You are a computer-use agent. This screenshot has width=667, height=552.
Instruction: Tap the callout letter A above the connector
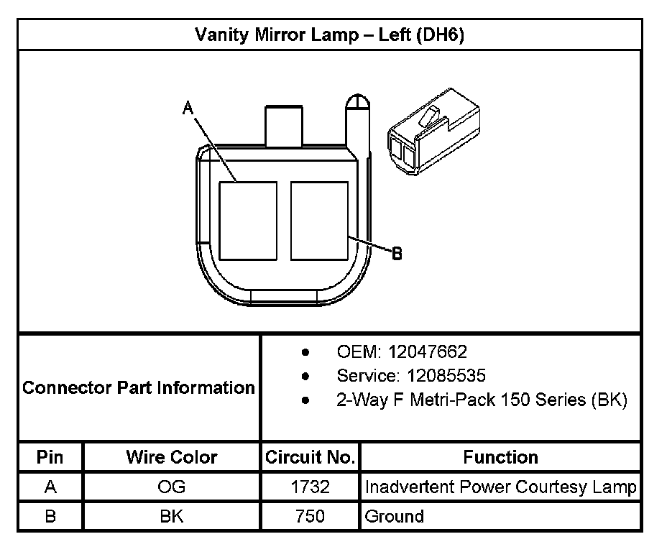pyautogui.click(x=188, y=108)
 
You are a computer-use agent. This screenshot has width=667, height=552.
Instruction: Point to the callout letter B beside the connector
pyautogui.click(x=397, y=253)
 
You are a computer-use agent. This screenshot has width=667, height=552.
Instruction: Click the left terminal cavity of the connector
pyautogui.click(x=248, y=221)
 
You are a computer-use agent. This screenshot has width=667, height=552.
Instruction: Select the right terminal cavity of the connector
pyautogui.click(x=320, y=221)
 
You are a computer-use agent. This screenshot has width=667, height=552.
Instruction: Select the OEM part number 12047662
pyautogui.click(x=428, y=351)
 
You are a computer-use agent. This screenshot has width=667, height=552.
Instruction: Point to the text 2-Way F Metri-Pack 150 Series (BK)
pyautogui.click(x=482, y=400)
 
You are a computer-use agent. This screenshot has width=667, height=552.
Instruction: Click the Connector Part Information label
pyautogui.click(x=139, y=388)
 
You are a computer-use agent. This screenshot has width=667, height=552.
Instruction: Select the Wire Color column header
pyautogui.click(x=172, y=457)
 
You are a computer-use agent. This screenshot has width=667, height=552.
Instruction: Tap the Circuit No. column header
pyautogui.click(x=310, y=457)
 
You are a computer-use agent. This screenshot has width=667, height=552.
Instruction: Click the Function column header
pyautogui.click(x=500, y=457)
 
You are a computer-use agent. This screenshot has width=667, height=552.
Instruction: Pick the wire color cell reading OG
pyautogui.click(x=172, y=487)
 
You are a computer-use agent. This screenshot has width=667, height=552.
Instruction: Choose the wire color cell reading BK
pyautogui.click(x=172, y=516)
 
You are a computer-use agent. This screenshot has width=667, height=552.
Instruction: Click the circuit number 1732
pyautogui.click(x=310, y=487)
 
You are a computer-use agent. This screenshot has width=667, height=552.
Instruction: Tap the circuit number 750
pyautogui.click(x=310, y=516)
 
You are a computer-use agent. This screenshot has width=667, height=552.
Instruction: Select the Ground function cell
pyautogui.click(x=395, y=516)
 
